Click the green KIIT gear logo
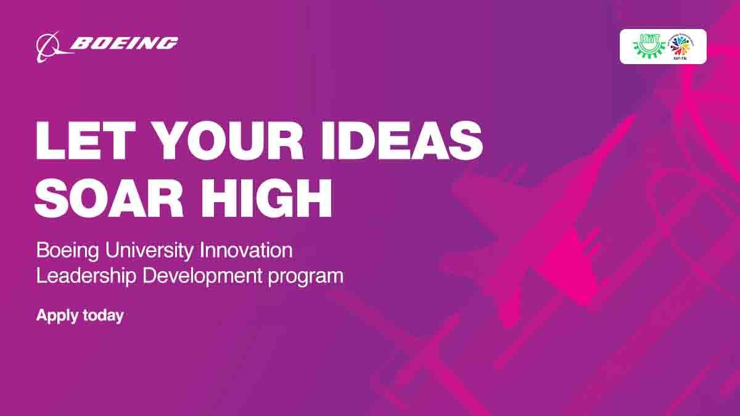647,46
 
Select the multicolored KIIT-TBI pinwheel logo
681,46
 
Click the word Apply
54,316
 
